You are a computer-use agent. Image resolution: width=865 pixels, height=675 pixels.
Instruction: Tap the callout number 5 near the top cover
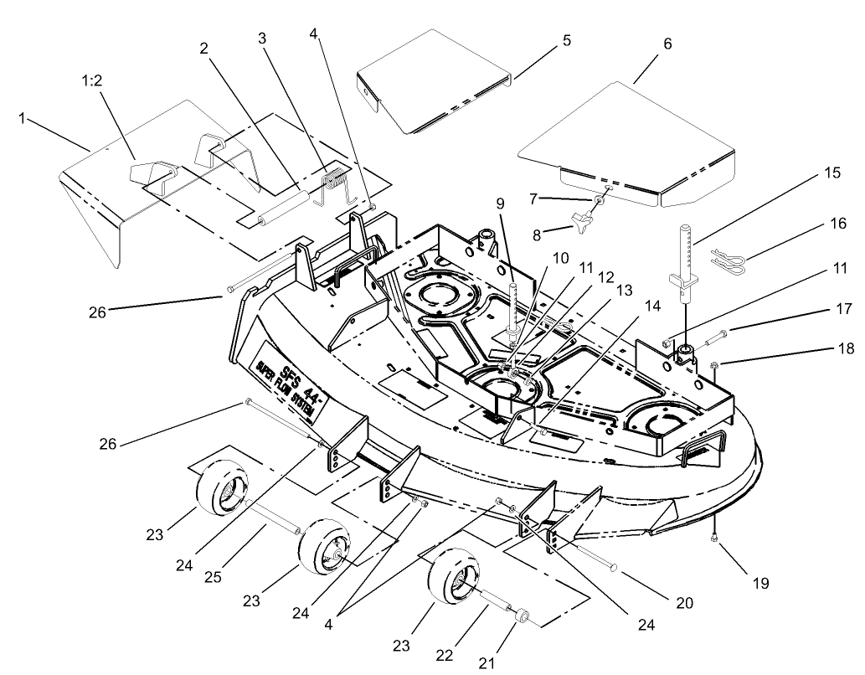click(x=567, y=39)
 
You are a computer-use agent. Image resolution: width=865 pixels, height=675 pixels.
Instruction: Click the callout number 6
click(x=667, y=44)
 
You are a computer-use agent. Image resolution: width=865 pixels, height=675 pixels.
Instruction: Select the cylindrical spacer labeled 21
click(x=523, y=618)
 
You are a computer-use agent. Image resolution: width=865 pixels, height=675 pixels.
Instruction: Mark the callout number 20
click(x=686, y=603)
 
